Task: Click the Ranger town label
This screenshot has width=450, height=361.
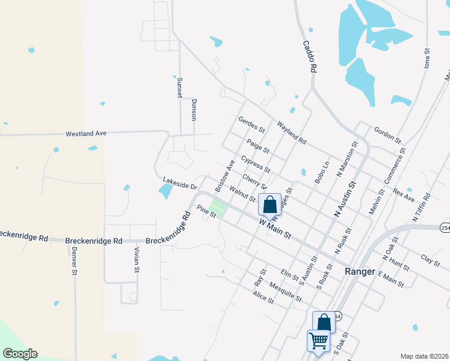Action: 360,271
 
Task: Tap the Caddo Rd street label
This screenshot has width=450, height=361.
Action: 309,57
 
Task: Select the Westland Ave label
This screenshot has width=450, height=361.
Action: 86,132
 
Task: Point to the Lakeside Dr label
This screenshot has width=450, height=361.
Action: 180,182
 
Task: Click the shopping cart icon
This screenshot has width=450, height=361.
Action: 318,341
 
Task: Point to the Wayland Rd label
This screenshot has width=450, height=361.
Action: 292,134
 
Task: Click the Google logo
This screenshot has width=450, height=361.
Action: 20,354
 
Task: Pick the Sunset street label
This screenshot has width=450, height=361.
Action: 179,88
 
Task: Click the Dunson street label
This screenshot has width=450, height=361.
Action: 194,110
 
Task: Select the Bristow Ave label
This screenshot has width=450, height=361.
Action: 225,176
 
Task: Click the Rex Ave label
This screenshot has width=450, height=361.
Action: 404,195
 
